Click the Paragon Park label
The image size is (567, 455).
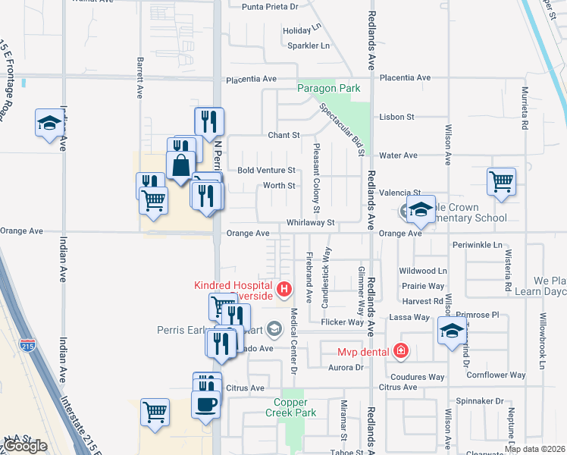point(328,89)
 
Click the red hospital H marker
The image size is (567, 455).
point(284,288)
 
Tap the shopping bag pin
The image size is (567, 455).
point(181,165)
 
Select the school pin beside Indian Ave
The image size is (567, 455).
point(49,123)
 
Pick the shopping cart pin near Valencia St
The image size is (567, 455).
point(501,182)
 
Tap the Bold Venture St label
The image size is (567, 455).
point(266,171)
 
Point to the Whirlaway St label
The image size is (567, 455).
point(310,223)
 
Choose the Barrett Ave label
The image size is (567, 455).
point(140,76)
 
